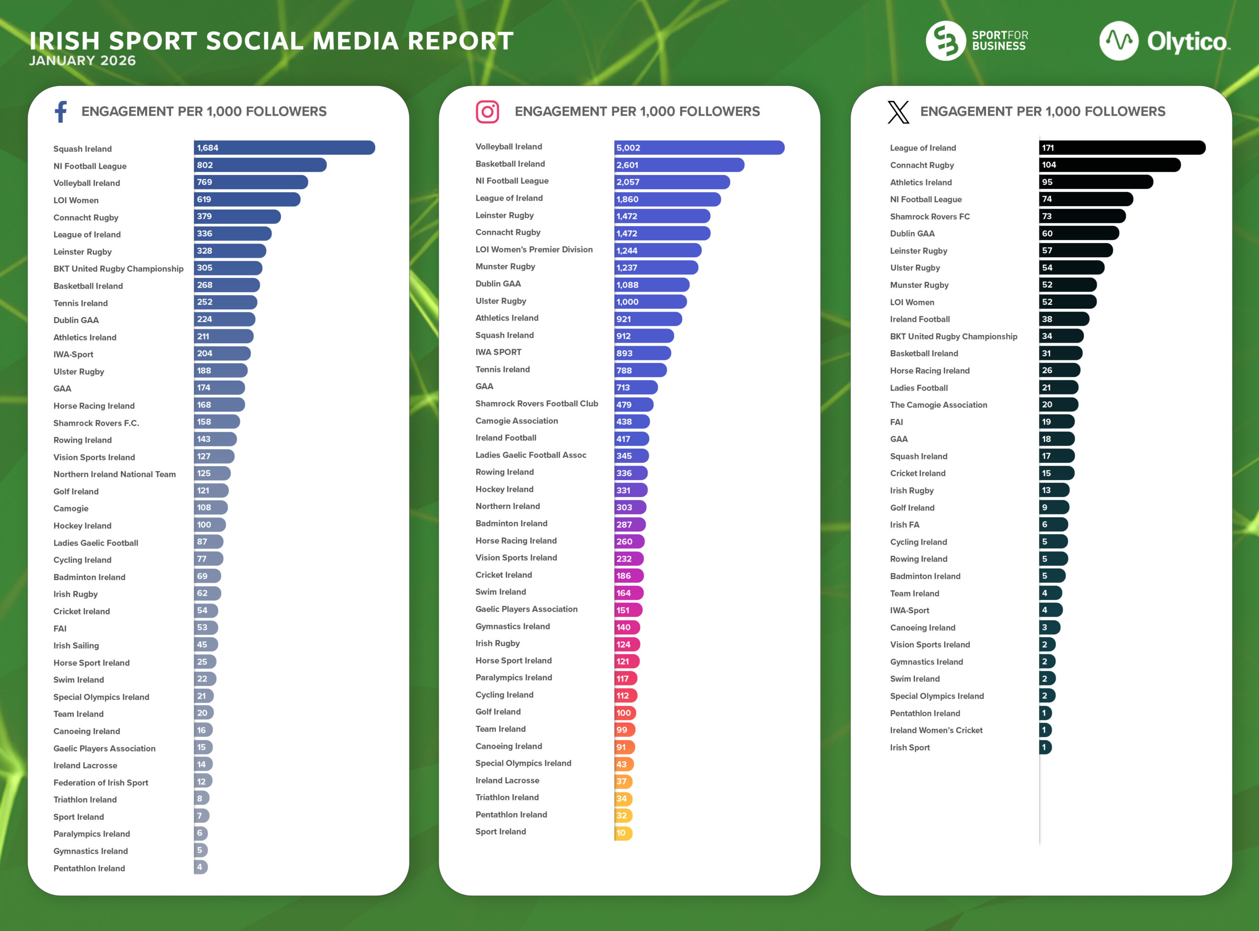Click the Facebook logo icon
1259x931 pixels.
coord(61,112)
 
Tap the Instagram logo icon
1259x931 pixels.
coord(487,112)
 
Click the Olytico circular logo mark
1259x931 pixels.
coord(1119,41)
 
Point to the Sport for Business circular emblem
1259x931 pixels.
coord(946,41)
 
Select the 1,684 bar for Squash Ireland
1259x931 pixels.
coord(284,148)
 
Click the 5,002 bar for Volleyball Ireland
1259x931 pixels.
coord(699,148)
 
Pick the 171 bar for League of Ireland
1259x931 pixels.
coord(1121,148)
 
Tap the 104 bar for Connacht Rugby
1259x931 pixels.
coord(1109,165)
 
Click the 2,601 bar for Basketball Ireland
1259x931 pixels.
coord(679,165)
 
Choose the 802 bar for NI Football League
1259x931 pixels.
coord(260,165)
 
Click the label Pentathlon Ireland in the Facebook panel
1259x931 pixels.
coord(89,868)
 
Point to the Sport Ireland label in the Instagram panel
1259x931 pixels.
coord(501,831)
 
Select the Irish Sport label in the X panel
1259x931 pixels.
coord(910,747)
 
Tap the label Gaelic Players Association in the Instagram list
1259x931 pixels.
coord(526,609)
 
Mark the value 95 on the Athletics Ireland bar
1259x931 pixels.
coord(1047,182)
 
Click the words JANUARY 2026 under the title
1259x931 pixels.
coord(82,60)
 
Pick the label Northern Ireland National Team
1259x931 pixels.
coord(115,474)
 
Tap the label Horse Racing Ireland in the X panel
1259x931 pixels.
coord(929,370)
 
